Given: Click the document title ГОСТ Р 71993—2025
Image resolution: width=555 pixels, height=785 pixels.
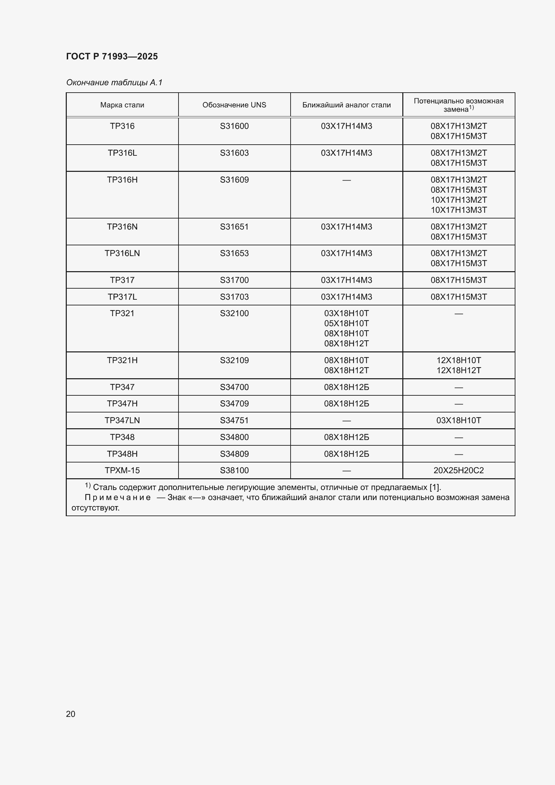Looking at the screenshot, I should (x=112, y=56).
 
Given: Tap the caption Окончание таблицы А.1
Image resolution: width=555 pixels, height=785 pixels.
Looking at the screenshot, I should (x=114, y=83).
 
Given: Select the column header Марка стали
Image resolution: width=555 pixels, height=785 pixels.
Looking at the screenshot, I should (x=122, y=105).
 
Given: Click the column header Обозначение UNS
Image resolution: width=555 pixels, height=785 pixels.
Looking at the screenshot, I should (x=234, y=105).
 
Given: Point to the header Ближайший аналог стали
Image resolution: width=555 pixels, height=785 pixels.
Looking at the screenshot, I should (x=346, y=105).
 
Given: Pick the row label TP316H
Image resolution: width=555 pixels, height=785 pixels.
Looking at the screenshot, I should (x=122, y=180).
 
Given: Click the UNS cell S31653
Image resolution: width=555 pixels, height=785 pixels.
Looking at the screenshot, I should (x=234, y=253).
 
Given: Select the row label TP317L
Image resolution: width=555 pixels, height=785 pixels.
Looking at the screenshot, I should (x=122, y=297).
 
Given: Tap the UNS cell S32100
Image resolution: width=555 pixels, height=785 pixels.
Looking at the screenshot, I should (x=234, y=313).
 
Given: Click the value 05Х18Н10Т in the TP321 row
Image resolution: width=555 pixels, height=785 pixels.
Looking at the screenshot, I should (x=346, y=324).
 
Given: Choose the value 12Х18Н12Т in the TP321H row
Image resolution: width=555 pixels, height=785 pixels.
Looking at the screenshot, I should (x=458, y=370).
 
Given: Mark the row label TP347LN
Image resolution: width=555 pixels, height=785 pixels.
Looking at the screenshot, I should (x=122, y=420).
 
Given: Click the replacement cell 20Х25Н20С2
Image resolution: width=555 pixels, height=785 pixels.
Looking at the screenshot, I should (x=458, y=471).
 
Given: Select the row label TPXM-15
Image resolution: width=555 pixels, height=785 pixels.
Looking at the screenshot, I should (x=122, y=471).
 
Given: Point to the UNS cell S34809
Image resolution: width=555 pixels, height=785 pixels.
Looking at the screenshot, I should (x=234, y=454).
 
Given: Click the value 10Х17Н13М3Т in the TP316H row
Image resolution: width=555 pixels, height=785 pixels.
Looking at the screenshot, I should (x=458, y=210).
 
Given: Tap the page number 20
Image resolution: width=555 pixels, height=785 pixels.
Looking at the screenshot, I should (x=70, y=714).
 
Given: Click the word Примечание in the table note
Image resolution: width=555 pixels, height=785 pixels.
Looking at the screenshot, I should (x=117, y=497).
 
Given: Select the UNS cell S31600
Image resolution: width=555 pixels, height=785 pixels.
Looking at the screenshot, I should (x=234, y=126).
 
